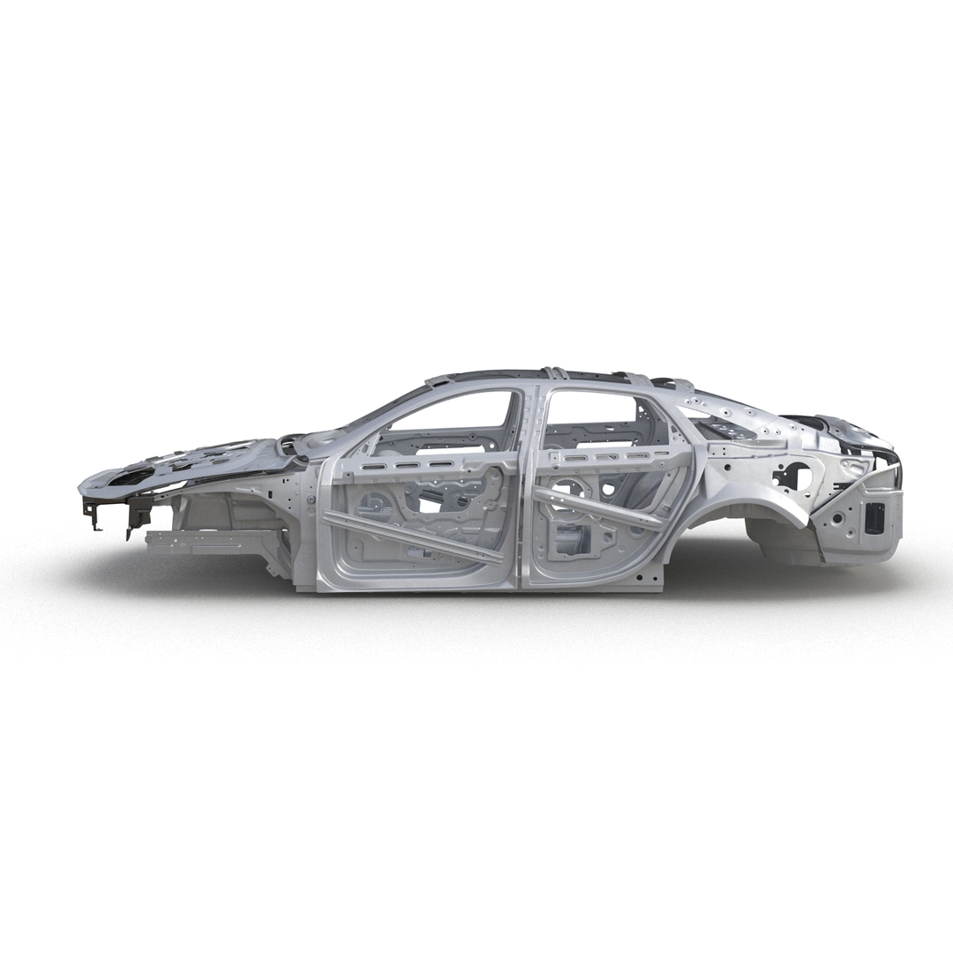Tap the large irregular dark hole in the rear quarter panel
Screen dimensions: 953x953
pyautogui.click(x=792, y=476)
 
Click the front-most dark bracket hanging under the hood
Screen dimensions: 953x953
pyautogui.click(x=91, y=512)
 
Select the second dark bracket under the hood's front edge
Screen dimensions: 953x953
pyautogui.click(x=138, y=512)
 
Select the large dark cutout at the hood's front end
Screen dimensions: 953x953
pyautogui.click(x=132, y=476)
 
